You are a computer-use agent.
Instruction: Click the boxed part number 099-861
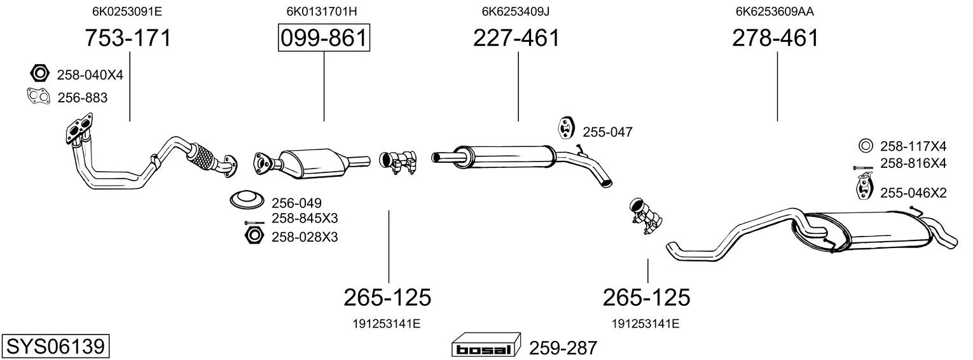click(324, 38)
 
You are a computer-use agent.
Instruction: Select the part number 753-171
click(128, 38)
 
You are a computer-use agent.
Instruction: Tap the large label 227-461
click(516, 38)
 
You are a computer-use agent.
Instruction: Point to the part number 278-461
click(775, 38)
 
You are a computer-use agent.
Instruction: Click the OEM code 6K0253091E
click(127, 11)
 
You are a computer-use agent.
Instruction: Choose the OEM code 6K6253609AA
click(775, 11)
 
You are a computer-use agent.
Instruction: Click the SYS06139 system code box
click(55, 347)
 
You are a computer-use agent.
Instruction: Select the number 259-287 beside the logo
click(563, 348)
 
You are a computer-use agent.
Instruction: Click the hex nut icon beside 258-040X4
click(39, 73)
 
